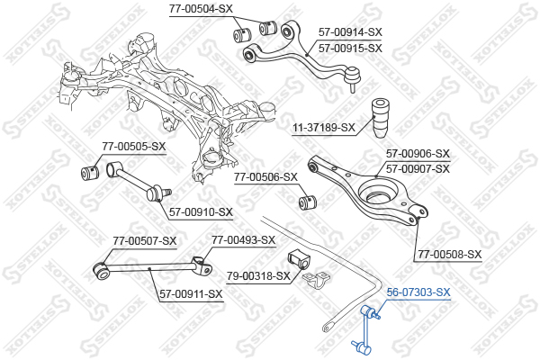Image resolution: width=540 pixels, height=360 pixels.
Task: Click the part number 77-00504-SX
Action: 201,8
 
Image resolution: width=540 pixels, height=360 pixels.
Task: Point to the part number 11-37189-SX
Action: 323,128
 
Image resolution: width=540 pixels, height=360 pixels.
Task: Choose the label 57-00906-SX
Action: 418,153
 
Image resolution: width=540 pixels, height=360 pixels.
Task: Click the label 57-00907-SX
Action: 418,168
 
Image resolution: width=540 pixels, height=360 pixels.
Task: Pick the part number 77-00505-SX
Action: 134,146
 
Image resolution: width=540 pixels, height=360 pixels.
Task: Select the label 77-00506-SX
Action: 265,177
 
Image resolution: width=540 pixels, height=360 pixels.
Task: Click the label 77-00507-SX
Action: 145,240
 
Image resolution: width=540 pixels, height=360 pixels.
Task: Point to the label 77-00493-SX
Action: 243,240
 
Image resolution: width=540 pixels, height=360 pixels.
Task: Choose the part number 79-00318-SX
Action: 258,275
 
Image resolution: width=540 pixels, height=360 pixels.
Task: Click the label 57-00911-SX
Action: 191,293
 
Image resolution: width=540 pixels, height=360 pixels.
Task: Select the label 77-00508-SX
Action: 449,255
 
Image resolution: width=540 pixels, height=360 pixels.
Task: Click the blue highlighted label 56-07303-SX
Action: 418,292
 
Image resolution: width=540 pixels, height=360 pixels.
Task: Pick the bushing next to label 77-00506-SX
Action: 306,198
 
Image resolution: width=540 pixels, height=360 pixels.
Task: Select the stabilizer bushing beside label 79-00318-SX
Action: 300,259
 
